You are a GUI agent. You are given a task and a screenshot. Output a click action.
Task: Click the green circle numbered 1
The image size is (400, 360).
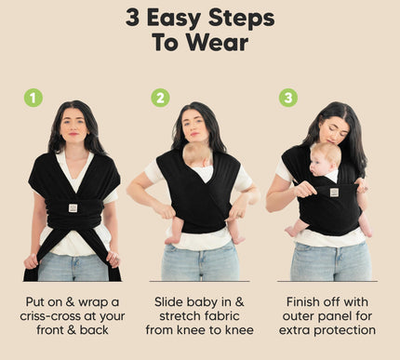tap(33, 98)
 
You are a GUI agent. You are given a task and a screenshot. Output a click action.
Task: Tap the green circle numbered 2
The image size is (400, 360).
tap(160, 98)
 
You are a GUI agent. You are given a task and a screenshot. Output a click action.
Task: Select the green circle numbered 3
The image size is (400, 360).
tap(287, 98)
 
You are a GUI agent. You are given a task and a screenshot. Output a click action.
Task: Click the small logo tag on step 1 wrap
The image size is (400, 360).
tap(73, 208)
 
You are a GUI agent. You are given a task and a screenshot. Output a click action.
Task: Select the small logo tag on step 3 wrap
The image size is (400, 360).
tap(333, 193)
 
